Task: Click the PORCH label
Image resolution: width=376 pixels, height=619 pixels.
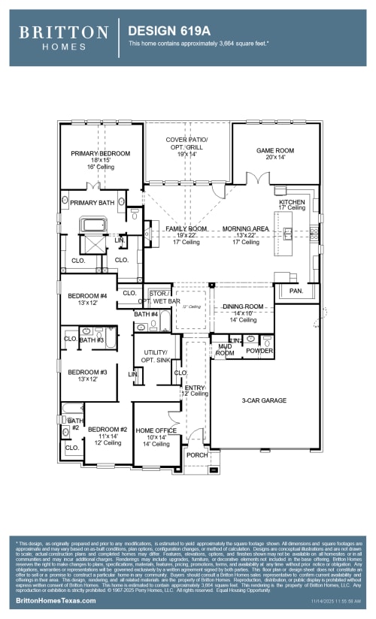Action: pos(197,454)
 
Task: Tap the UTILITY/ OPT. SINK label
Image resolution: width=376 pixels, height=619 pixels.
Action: pos(156,356)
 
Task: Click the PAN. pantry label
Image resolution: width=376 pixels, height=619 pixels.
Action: pos(296,290)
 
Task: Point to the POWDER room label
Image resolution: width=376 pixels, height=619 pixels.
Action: pos(259,350)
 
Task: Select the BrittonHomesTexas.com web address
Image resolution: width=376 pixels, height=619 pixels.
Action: pos(53,602)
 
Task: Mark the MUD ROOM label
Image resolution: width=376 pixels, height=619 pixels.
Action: pos(225,349)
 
